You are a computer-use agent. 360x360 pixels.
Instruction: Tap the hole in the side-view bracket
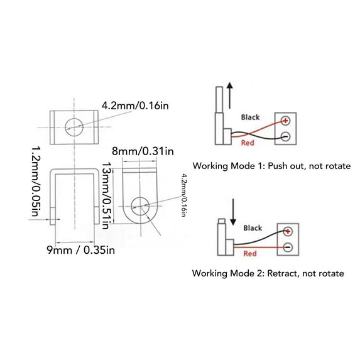(x=140, y=205)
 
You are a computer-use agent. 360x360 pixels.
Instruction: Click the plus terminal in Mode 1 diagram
(x=286, y=121)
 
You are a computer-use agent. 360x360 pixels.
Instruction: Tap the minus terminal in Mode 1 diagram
(x=286, y=136)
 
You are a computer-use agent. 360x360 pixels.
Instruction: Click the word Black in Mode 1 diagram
(x=251, y=117)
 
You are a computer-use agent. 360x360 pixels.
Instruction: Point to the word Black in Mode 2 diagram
(x=253, y=229)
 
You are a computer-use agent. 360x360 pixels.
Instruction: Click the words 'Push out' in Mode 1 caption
(x=281, y=166)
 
